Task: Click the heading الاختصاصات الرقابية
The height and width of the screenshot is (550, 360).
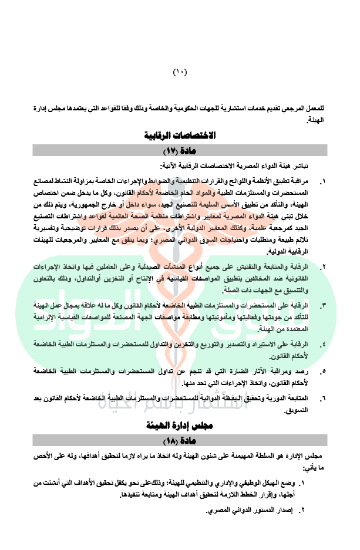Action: [180, 136]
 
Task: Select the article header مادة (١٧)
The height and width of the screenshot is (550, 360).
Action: [180, 151]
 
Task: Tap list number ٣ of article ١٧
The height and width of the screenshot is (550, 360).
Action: [322, 305]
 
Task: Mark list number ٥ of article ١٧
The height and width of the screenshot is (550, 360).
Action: [322, 372]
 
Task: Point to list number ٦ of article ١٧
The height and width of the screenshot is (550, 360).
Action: [322, 399]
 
